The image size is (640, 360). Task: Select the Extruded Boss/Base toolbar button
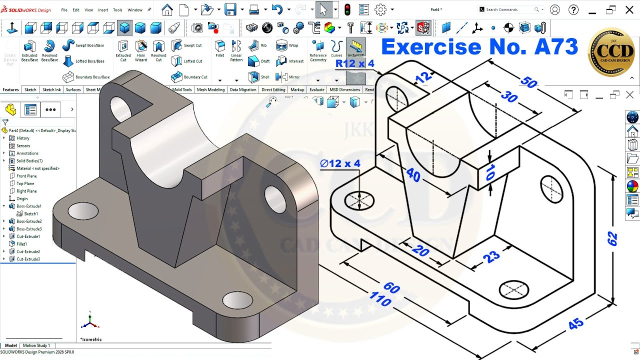29,51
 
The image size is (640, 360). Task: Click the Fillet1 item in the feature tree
21,244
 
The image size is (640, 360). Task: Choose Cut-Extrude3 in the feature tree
28,259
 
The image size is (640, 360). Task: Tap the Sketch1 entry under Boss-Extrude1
30,213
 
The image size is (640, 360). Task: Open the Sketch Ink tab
51,89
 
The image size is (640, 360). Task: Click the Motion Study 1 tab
36,345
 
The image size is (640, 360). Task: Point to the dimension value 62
612,238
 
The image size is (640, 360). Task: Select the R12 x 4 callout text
354,63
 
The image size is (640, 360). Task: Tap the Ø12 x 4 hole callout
340,163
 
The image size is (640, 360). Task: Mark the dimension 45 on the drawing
576,324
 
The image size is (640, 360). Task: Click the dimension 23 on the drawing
491,257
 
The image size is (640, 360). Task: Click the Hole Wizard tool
141,51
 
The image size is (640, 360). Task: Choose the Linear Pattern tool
236,51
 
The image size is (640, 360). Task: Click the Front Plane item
26,176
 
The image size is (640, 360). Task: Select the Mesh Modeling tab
210,89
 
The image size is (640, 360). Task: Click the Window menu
135,10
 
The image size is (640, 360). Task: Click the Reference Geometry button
317,51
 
